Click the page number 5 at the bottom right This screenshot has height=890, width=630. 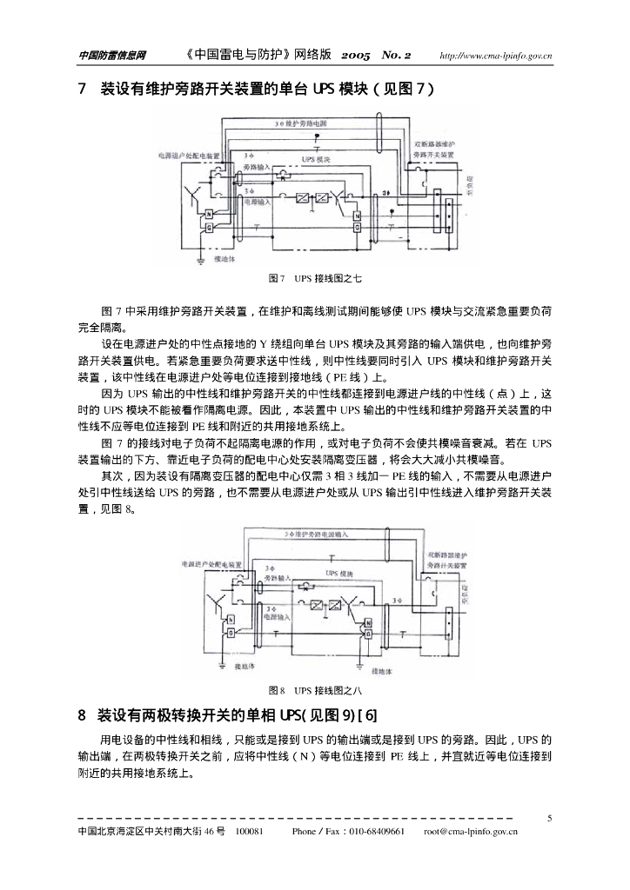(x=549, y=817)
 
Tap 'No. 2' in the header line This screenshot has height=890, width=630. (x=397, y=56)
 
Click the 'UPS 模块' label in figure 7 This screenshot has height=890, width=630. (x=317, y=160)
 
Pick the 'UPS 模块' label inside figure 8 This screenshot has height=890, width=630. (x=340, y=574)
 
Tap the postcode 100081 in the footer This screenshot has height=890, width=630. (x=250, y=832)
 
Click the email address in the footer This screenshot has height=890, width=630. (x=471, y=832)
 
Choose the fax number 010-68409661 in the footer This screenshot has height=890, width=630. (x=377, y=832)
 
